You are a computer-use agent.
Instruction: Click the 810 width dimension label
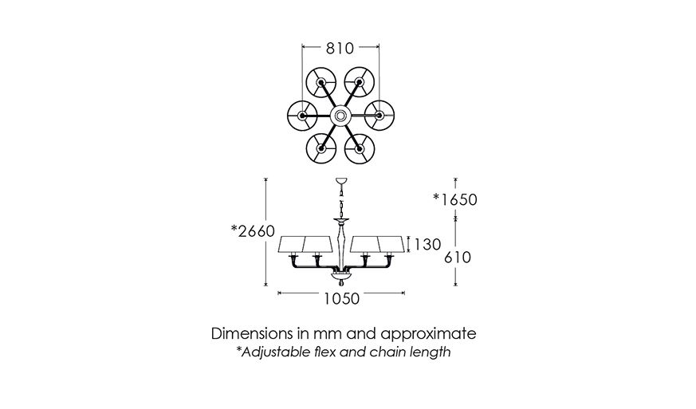coord(340,49)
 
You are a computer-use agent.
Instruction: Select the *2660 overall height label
coord(253,232)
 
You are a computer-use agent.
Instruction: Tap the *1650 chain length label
coord(455,199)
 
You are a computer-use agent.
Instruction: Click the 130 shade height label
coord(427,244)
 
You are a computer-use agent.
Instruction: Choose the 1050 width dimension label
coord(340,299)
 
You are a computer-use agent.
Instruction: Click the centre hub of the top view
coord(340,116)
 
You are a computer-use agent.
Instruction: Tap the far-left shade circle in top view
coord(302,116)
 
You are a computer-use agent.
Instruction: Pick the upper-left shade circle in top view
coord(321,83)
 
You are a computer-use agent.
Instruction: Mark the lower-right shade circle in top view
coord(360,149)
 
